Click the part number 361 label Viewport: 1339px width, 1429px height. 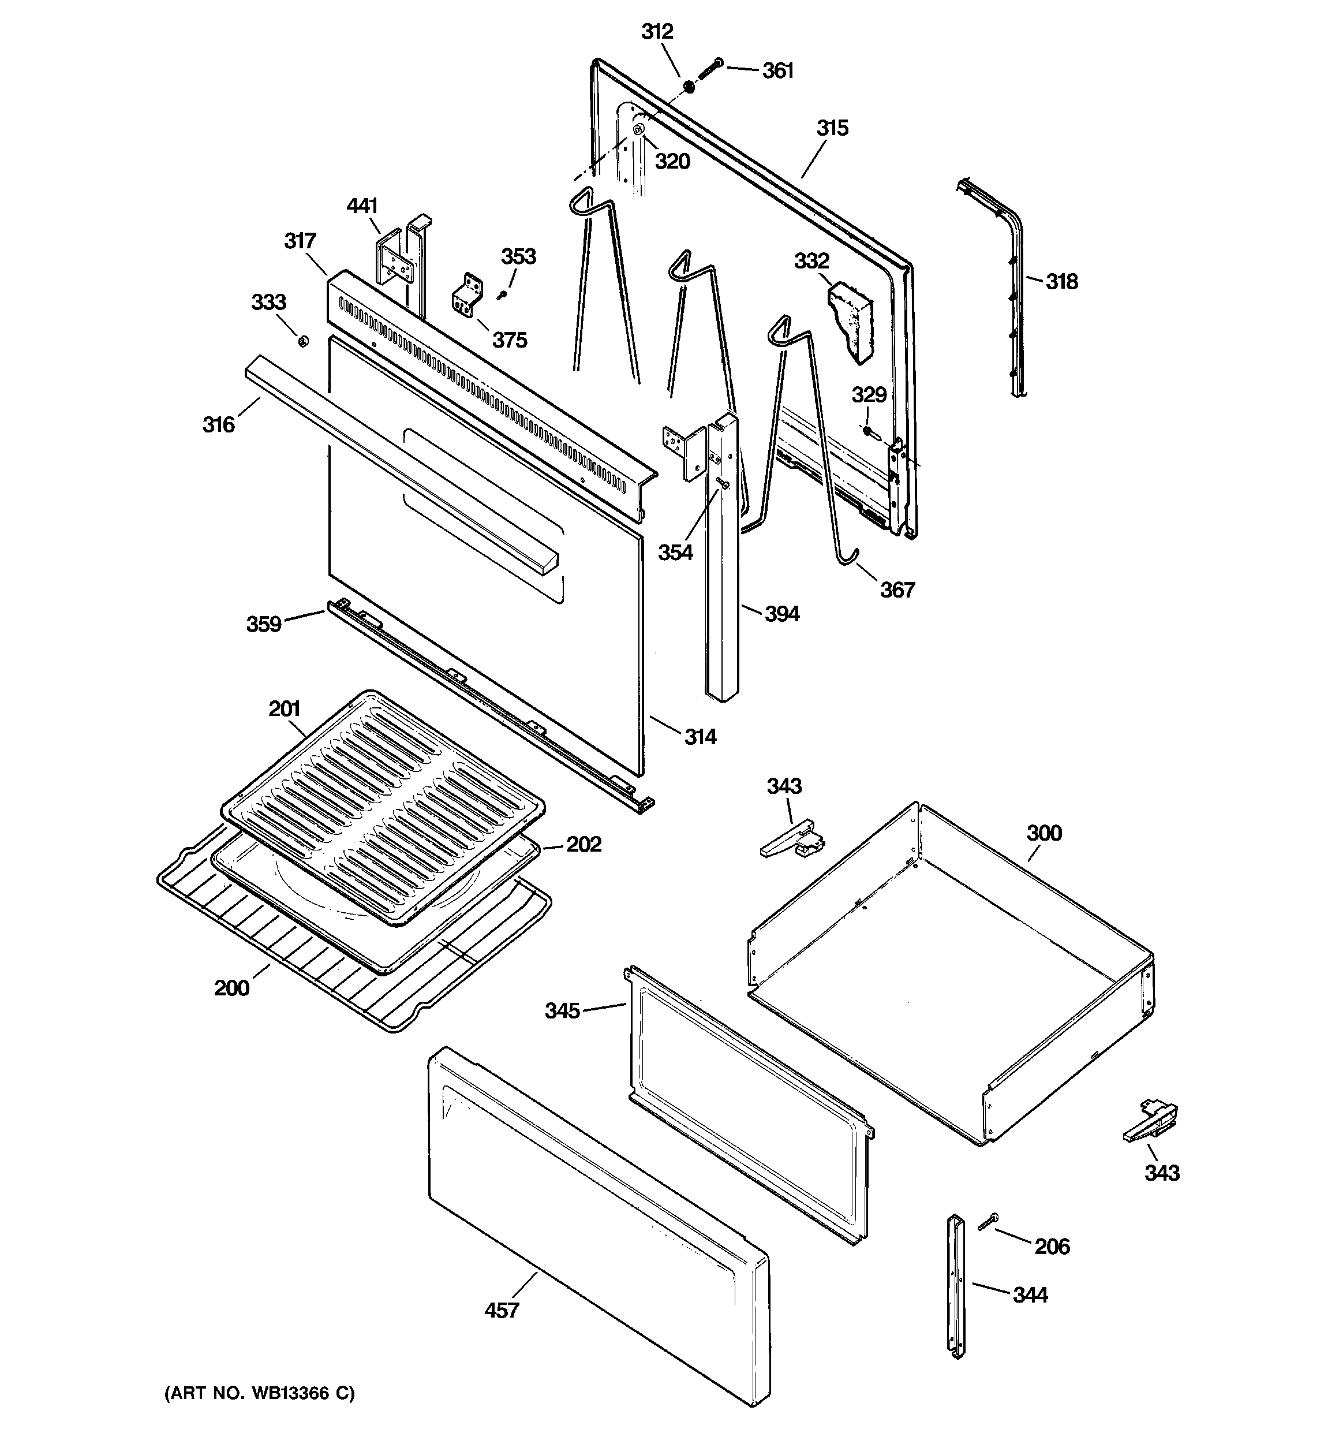(x=777, y=70)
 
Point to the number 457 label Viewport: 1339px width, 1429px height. (x=501, y=1311)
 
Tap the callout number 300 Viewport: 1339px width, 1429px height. (x=1043, y=833)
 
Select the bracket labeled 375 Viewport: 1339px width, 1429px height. (x=467, y=296)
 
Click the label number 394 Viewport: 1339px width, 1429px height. (x=781, y=614)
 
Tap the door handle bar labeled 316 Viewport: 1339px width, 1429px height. (x=402, y=467)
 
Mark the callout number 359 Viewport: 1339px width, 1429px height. (x=264, y=624)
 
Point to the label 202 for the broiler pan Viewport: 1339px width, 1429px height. (x=584, y=844)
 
